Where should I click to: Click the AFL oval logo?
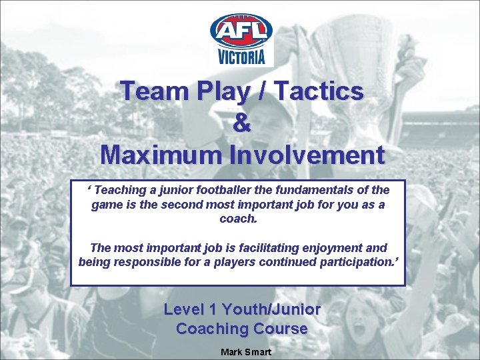coord(241,31)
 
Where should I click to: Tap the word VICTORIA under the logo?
coord(241,57)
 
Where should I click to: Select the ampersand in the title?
coord(243,123)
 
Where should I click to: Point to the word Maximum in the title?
coord(159,155)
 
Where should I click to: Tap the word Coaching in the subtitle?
coord(211,329)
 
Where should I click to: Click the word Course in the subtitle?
coord(279,329)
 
